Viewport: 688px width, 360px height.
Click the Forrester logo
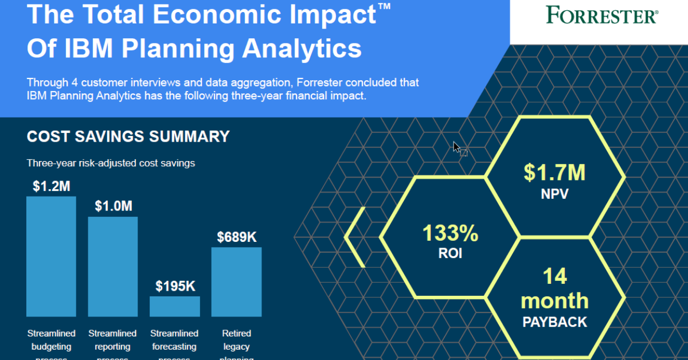click(x=601, y=15)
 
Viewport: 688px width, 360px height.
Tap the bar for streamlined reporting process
click(x=112, y=267)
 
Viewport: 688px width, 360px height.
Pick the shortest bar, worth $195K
click(x=175, y=306)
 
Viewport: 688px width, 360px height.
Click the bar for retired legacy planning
click(x=236, y=281)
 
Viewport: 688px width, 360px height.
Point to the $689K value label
click(x=236, y=236)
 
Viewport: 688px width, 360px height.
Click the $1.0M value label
click(x=112, y=206)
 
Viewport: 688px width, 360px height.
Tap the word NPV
click(x=554, y=194)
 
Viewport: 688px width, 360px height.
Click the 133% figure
click(x=450, y=233)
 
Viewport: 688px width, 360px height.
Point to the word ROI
click(x=450, y=253)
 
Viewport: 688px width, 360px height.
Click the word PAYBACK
click(x=554, y=322)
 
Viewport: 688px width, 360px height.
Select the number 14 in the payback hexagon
click(x=554, y=276)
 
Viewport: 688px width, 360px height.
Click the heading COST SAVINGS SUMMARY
click(x=128, y=136)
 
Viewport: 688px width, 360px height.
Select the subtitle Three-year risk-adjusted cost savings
click(x=111, y=163)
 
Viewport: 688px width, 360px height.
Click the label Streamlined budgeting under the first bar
click(x=51, y=340)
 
